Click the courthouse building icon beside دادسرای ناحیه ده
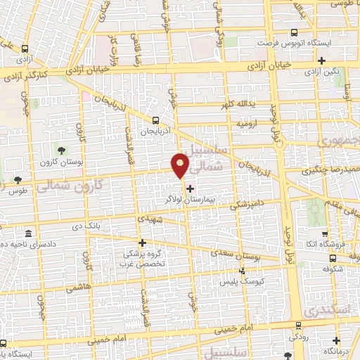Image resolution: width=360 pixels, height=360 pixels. (x=28, y=233)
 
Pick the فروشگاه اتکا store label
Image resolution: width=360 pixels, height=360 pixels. (x=330, y=245)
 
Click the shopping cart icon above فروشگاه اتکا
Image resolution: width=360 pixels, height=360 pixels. (x=324, y=233)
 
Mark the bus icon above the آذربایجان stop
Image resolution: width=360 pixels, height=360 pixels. (x=157, y=120)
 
